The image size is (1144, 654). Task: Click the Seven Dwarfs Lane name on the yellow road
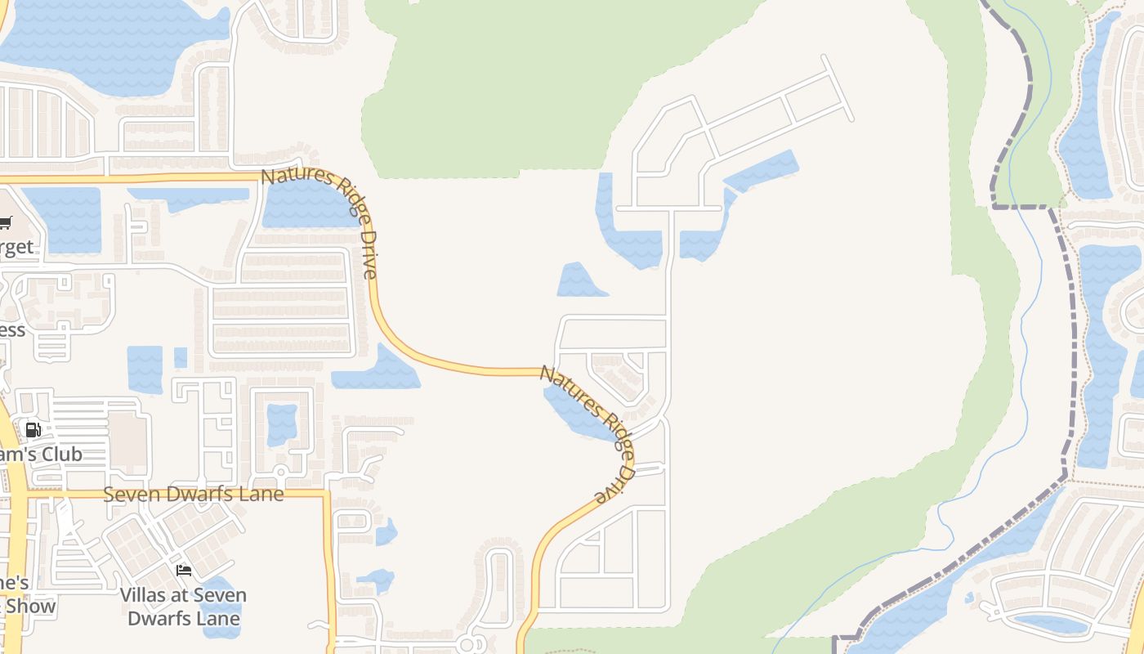click(194, 495)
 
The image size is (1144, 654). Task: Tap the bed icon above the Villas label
click(184, 570)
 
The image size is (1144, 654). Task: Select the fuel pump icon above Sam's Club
click(34, 430)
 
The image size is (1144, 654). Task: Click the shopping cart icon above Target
click(5, 222)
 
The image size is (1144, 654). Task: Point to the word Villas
click(146, 595)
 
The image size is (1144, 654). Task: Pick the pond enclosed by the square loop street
click(282, 424)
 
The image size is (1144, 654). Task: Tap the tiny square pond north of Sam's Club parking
click(181, 357)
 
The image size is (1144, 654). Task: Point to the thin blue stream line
click(1025, 327)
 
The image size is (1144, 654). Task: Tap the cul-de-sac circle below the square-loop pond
click(280, 472)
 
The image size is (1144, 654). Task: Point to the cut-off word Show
click(31, 606)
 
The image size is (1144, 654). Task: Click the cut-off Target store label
click(16, 247)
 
